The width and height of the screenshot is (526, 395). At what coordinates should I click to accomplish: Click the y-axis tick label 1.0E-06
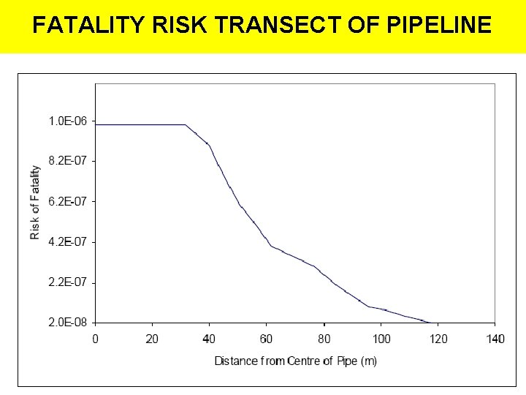tap(67, 121)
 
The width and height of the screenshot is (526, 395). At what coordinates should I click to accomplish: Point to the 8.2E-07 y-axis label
tap(67, 160)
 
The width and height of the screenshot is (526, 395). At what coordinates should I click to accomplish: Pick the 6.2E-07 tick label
tap(67, 201)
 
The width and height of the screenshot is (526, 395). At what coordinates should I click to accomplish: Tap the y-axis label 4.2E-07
tap(67, 241)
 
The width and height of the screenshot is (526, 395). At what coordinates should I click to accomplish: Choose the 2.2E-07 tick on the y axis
tap(67, 282)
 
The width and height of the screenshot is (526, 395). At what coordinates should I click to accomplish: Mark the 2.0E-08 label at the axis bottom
tap(67, 323)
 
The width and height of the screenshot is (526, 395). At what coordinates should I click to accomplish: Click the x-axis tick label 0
tap(96, 339)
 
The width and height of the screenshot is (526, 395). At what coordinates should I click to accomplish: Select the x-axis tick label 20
tap(152, 339)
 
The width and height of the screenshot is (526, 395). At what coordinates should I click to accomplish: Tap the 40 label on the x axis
tap(209, 339)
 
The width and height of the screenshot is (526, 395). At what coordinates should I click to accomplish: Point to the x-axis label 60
tap(267, 339)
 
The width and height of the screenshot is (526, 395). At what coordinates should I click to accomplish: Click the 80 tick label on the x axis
tap(324, 339)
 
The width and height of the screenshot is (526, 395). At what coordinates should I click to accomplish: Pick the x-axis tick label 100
tap(381, 339)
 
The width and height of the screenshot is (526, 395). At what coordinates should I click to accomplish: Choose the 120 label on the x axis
tap(438, 339)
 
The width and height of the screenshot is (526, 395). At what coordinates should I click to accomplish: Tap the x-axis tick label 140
tap(495, 339)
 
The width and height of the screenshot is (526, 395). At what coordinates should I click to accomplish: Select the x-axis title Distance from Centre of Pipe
tap(295, 361)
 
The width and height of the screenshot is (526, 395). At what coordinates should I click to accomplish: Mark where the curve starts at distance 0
tap(96, 125)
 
